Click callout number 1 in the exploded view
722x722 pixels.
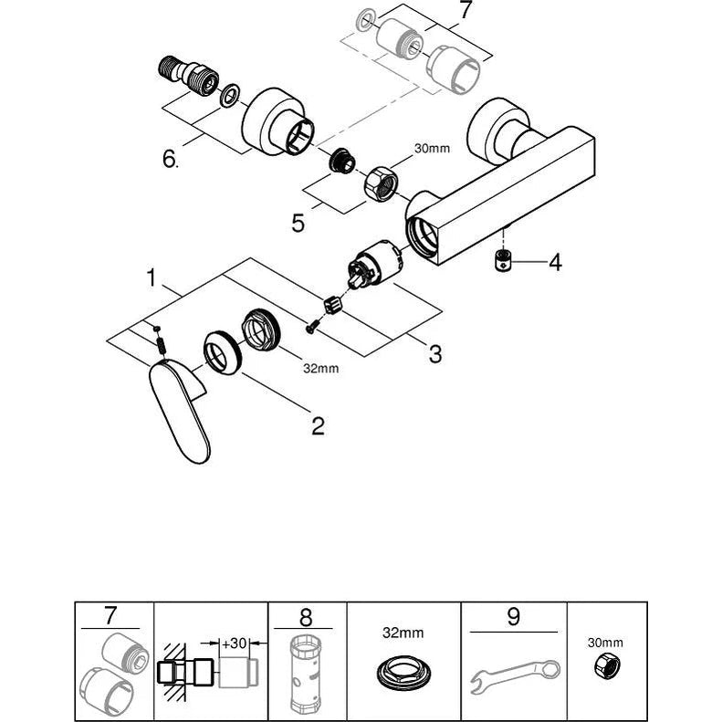152,277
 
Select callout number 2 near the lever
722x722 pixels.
318,426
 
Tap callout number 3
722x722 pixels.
435,354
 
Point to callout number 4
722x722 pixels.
556,263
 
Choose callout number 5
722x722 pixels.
298,223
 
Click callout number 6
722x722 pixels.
170,160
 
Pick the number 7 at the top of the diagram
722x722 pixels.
466,10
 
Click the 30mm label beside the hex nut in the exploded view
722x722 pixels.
432,148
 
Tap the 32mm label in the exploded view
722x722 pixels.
321,369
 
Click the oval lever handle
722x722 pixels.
179,409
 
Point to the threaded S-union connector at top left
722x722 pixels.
188,74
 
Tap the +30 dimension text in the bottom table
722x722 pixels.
234,643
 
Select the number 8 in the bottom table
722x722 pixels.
305,617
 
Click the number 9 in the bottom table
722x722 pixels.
513,617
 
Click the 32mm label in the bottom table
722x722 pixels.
403,633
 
